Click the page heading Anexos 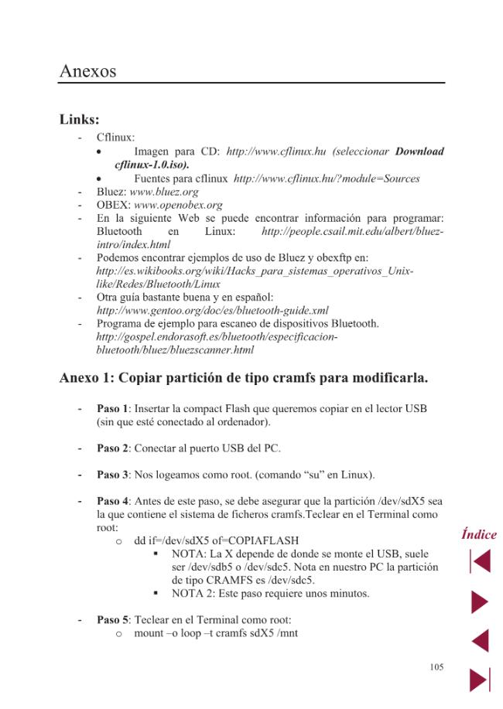pos(87,72)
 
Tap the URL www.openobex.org pos(178,205)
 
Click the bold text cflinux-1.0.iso pos(152,165)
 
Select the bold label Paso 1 pos(112,408)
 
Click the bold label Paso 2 pos(112,448)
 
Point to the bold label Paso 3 pos(112,475)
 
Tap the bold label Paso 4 pos(112,501)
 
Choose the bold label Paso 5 pos(112,620)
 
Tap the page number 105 pos(436,666)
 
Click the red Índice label pos(479,534)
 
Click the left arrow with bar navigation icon pos(480,561)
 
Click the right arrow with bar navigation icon pos(480,680)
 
